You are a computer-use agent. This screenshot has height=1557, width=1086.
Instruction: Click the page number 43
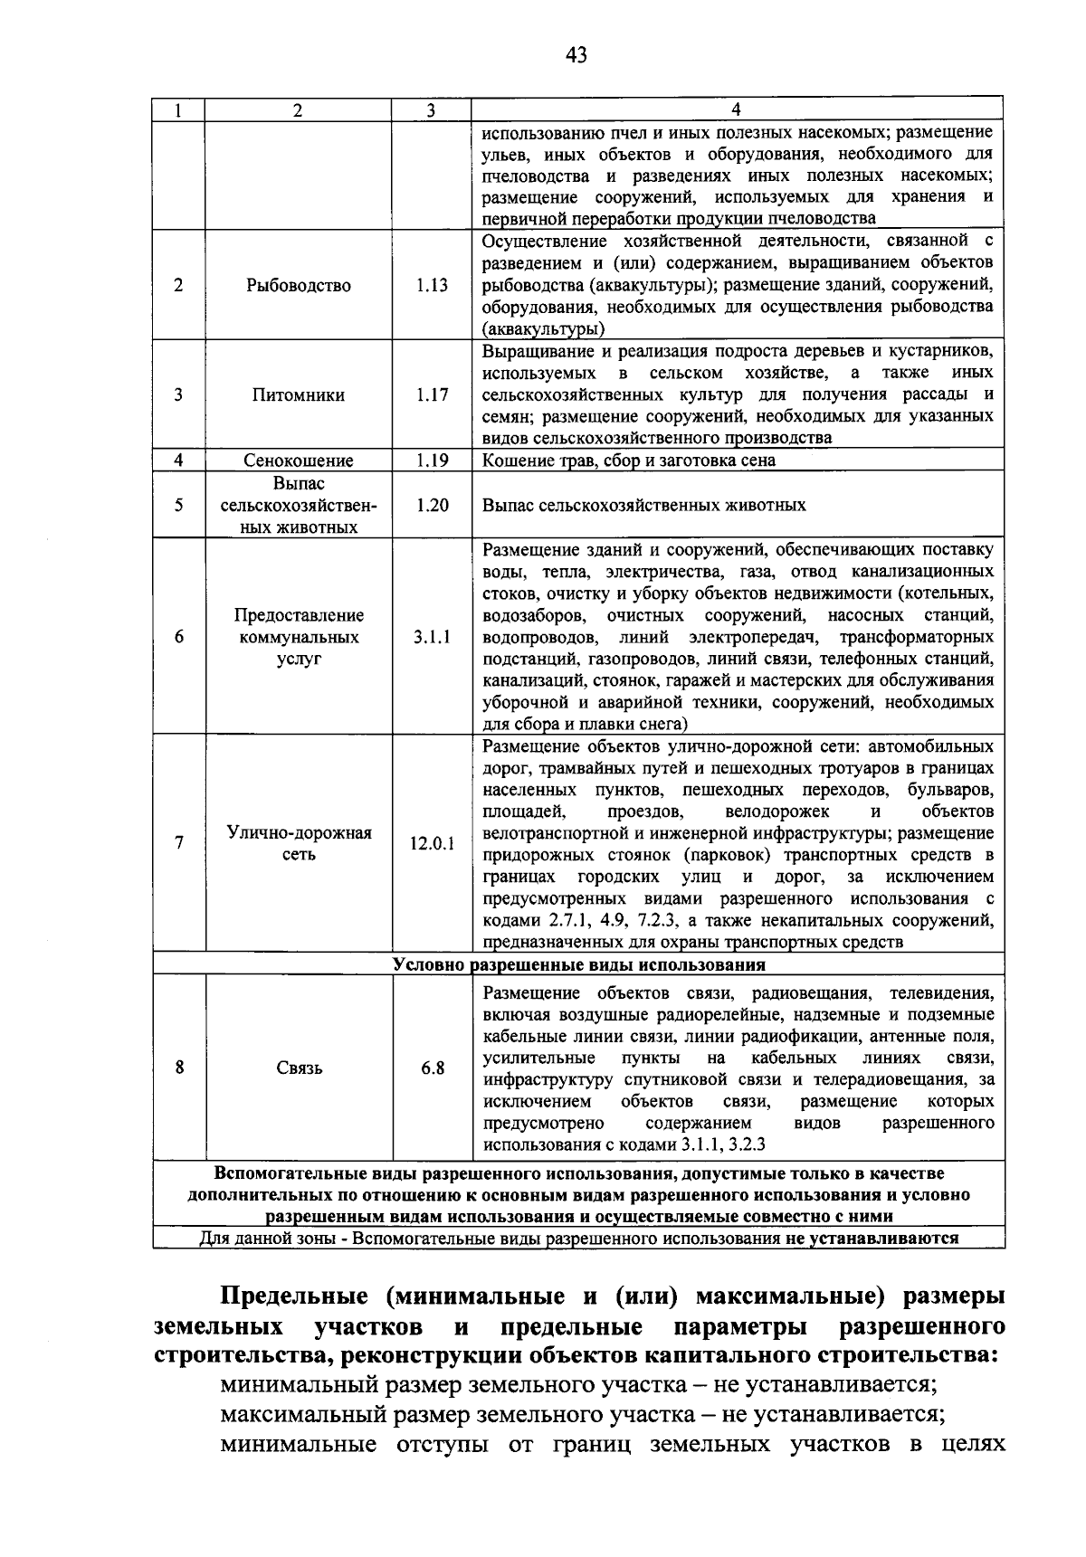(576, 56)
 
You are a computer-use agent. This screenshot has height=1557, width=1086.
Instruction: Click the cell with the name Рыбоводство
(298, 285)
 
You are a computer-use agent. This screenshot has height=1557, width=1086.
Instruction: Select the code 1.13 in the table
(432, 285)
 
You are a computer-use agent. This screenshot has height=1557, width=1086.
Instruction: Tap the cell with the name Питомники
(298, 395)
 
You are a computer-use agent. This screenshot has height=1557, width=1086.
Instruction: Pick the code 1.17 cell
(432, 395)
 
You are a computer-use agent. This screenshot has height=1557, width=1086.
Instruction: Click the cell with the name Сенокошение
(298, 460)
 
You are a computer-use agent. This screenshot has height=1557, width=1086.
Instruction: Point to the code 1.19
(432, 460)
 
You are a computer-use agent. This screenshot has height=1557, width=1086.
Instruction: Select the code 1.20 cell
(432, 505)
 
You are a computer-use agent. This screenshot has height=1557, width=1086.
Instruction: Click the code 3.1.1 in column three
(432, 637)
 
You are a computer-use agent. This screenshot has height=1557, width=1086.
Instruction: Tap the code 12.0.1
(432, 843)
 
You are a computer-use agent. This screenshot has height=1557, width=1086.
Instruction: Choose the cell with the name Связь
(299, 1068)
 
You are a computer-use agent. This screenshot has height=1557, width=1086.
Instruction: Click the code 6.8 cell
(432, 1068)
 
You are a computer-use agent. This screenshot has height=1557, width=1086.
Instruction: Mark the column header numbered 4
(736, 109)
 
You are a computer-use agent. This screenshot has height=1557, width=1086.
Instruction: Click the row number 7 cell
(179, 843)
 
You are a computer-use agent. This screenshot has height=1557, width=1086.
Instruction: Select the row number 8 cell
(179, 1068)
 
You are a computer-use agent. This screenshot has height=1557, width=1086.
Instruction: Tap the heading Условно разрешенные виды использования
(579, 964)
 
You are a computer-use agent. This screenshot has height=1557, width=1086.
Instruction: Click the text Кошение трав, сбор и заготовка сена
(629, 460)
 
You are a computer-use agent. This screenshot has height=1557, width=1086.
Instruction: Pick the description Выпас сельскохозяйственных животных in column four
(644, 505)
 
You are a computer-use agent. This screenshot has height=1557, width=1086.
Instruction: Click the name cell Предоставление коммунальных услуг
(298, 637)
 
